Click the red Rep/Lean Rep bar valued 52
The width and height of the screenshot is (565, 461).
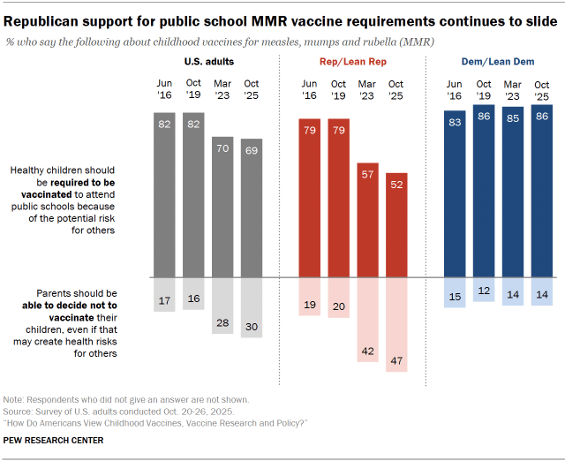(x=396, y=224)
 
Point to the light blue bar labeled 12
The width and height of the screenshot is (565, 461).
(x=483, y=289)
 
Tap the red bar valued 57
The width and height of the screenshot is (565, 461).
(x=367, y=219)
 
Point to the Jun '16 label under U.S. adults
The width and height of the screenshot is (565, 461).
(x=165, y=89)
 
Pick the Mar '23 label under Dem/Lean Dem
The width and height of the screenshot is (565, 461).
(x=512, y=89)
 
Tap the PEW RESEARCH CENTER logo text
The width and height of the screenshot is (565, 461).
(x=55, y=440)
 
